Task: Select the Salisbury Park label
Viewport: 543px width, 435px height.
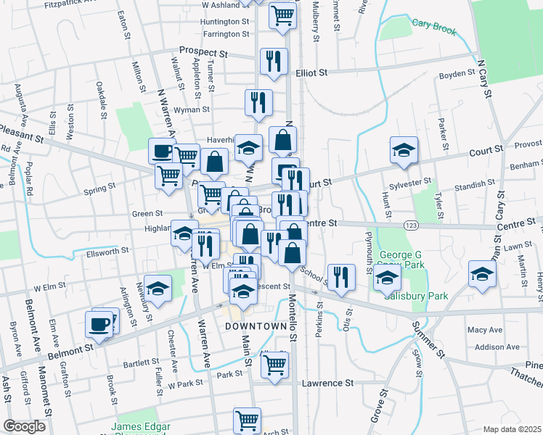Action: pos(416,296)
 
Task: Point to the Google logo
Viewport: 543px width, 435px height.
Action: pos(24,426)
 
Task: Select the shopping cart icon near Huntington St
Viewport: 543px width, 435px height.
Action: pos(282,14)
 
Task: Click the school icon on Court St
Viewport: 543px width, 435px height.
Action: pos(404,149)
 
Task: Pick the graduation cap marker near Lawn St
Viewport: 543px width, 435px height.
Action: pos(481,273)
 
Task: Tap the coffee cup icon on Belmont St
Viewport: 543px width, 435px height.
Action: pos(99,323)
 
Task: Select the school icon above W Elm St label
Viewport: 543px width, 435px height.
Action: pos(158,288)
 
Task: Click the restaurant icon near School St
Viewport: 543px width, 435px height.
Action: pos(340,276)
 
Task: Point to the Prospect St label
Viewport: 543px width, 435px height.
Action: pos(204,53)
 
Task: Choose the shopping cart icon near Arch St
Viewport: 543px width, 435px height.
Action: pos(247,420)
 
